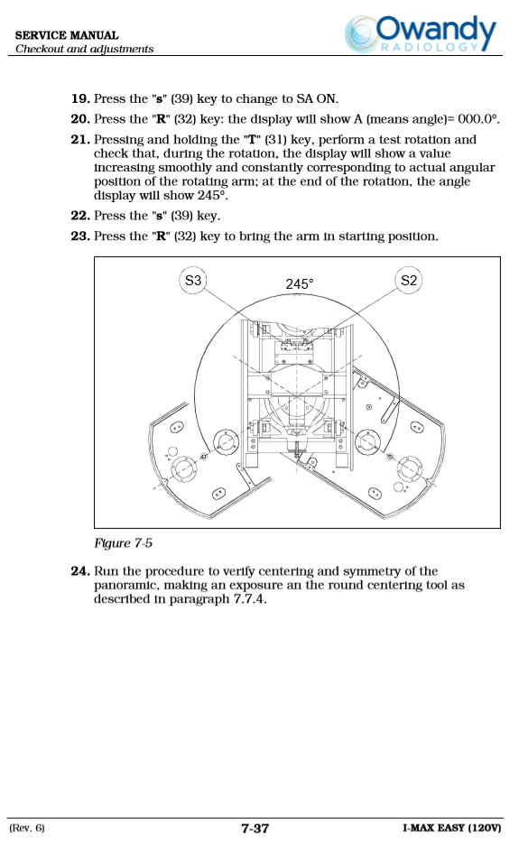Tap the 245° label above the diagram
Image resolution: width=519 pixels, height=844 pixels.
pos(300,283)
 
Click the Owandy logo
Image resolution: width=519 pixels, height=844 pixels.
pos(421,34)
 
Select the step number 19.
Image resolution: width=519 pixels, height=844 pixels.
pos(80,98)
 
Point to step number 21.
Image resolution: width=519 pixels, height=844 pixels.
pos(80,139)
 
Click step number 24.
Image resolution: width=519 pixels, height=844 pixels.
pos(80,571)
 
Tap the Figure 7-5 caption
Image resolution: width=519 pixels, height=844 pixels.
pos(124,543)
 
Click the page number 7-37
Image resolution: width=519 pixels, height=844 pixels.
pos(255,829)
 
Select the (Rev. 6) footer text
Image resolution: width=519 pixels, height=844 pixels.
pos(27,828)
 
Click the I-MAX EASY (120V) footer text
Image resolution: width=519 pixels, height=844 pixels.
pos(451,828)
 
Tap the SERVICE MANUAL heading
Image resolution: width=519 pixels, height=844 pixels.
pos(67,35)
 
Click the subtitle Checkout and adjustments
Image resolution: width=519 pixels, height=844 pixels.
pos(85,49)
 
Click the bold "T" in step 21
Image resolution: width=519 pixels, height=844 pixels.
pos(252,139)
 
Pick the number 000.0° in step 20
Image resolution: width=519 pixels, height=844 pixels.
pos(478,119)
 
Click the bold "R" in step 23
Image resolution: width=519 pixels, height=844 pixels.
pos(161,237)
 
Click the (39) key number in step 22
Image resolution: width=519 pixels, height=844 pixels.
pos(181,216)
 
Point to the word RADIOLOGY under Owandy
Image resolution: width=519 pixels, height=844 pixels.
pos(430,47)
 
